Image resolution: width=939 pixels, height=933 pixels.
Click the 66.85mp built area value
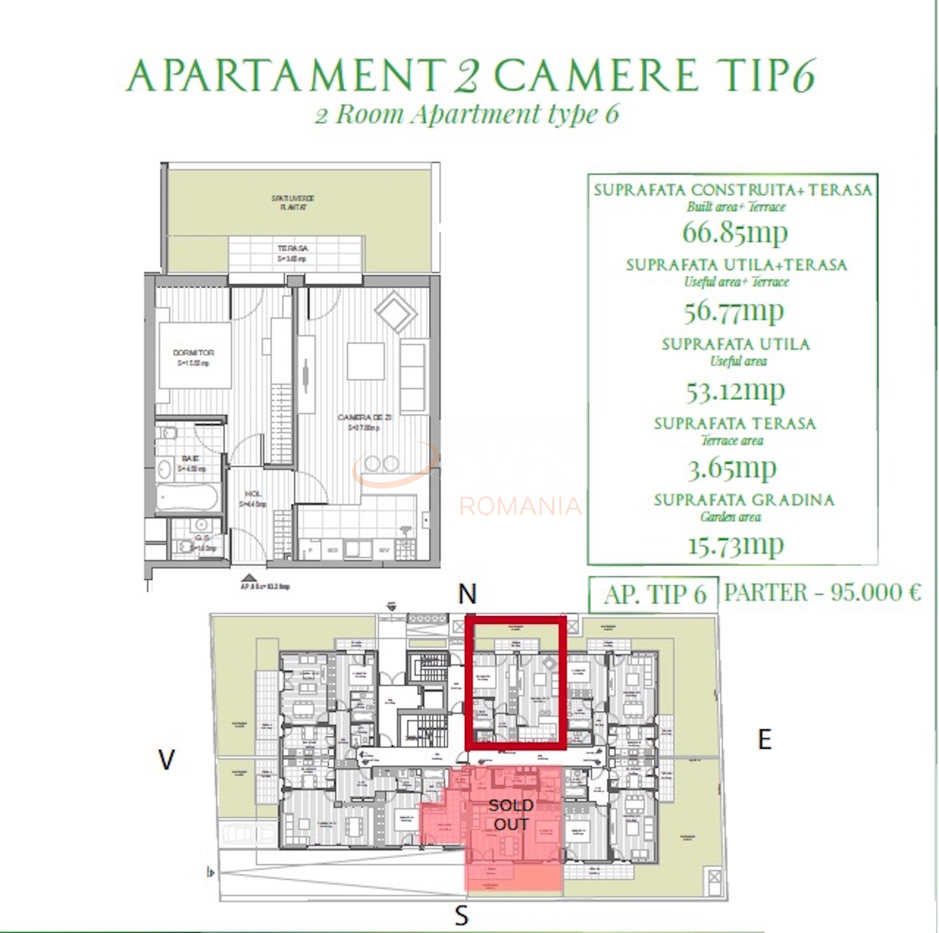(734, 232)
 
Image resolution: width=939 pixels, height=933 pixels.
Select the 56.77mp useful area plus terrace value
(734, 311)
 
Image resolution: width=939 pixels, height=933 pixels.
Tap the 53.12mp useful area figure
(735, 391)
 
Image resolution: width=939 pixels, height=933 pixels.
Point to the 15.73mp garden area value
(735, 545)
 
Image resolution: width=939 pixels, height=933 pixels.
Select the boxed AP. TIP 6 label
(654, 595)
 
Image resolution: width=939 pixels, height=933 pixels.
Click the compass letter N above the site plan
(467, 594)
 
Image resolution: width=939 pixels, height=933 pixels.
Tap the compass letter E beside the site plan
(764, 740)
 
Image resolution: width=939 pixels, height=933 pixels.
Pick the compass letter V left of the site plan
(167, 760)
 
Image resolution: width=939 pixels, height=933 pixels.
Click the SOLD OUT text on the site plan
(511, 814)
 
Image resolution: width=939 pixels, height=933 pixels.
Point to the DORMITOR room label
(194, 353)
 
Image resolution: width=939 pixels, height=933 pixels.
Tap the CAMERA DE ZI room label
(364, 417)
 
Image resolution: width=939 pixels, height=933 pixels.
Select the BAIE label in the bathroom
(191, 458)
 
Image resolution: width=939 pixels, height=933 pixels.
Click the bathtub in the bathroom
(188, 499)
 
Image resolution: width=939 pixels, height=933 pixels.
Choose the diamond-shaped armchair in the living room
(396, 312)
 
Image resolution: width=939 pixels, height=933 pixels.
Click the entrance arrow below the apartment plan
(249, 577)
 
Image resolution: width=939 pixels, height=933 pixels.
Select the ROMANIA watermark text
(520, 506)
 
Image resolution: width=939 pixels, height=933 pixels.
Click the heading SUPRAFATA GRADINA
(744, 500)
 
